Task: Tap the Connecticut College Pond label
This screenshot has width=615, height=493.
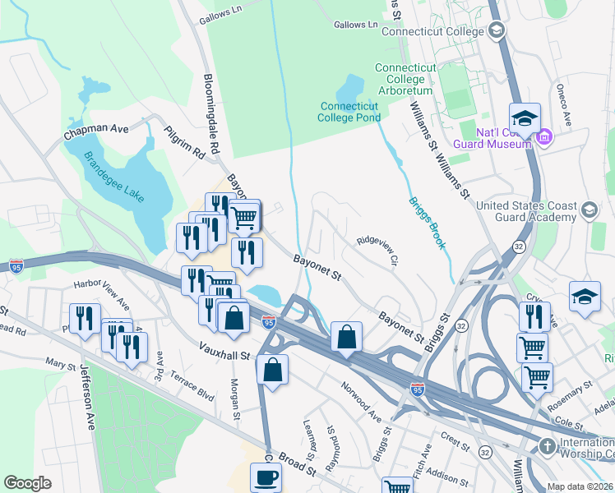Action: click(349, 112)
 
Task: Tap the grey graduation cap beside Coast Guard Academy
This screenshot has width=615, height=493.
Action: click(588, 212)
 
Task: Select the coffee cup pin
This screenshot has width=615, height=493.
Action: click(266, 477)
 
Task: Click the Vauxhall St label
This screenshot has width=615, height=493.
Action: click(224, 355)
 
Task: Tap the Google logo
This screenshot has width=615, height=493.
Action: click(28, 483)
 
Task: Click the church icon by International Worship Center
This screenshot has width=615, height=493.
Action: click(547, 446)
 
